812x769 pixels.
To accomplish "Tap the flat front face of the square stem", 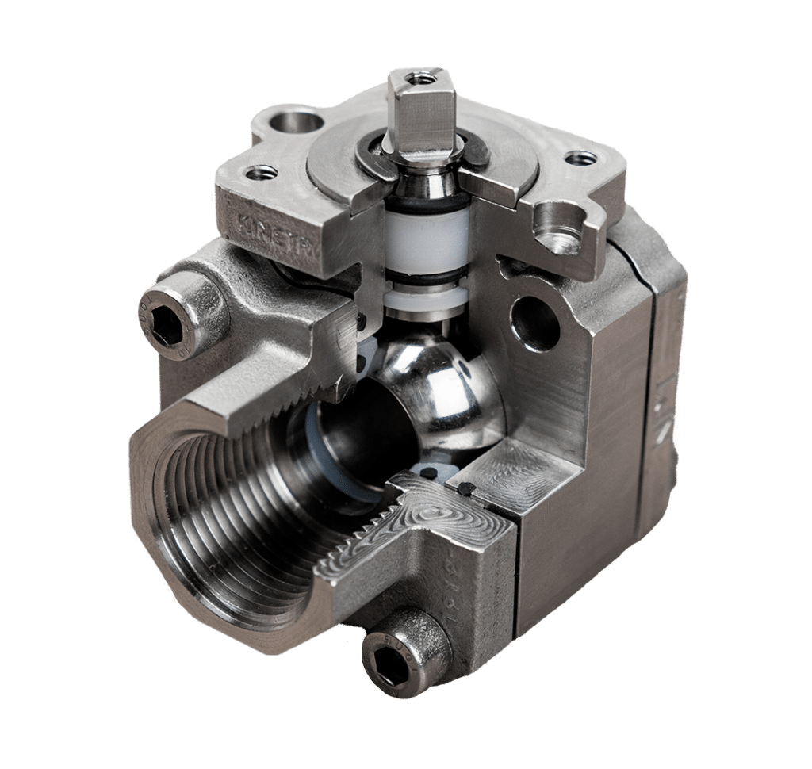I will click(406, 119).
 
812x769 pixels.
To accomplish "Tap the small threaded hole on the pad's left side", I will click(260, 171).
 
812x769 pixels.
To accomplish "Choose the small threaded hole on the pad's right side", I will click(580, 158).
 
